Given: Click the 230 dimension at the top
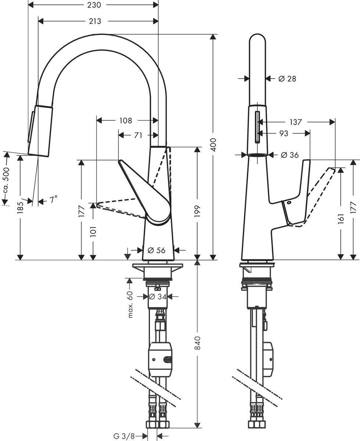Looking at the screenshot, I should [x=93, y=5].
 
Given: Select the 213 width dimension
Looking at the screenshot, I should [x=95, y=21].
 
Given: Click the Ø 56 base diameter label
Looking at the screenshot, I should [x=156, y=250].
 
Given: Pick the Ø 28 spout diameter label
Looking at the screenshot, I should [x=287, y=78].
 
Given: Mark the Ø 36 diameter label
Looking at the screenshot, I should [x=289, y=155].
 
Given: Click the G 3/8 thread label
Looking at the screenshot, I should [x=124, y=436].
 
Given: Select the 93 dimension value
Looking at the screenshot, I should [x=284, y=133].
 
